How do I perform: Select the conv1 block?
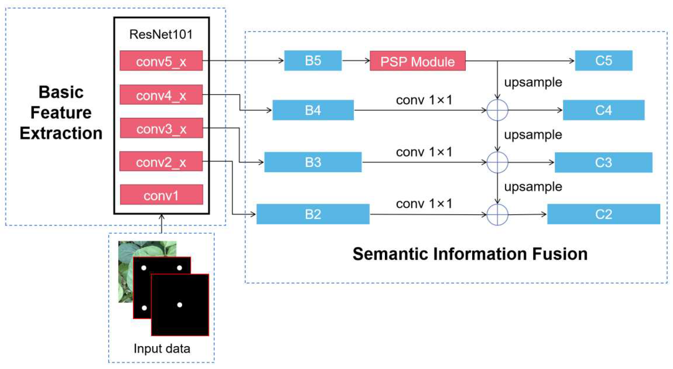[161, 195]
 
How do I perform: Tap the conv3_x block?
[161, 128]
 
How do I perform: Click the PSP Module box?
[418, 61]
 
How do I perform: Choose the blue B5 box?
[313, 60]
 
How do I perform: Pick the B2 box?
[313, 214]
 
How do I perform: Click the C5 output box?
[604, 60]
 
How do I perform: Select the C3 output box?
[604, 162]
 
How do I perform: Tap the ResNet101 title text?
[161, 34]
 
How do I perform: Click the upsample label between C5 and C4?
[533, 83]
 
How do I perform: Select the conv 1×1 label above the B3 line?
[424, 152]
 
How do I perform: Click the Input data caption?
[162, 348]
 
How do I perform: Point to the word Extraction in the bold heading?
[61, 133]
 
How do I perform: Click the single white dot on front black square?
[180, 305]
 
